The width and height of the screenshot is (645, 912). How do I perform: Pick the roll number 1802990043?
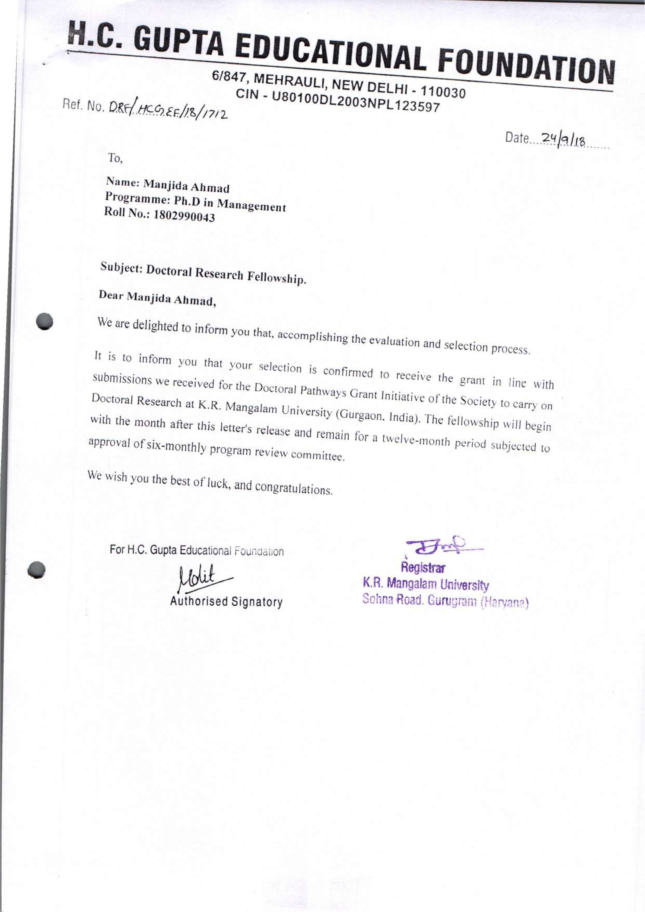pyautogui.click(x=184, y=216)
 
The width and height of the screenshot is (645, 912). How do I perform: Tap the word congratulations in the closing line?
pyautogui.click(x=293, y=488)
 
